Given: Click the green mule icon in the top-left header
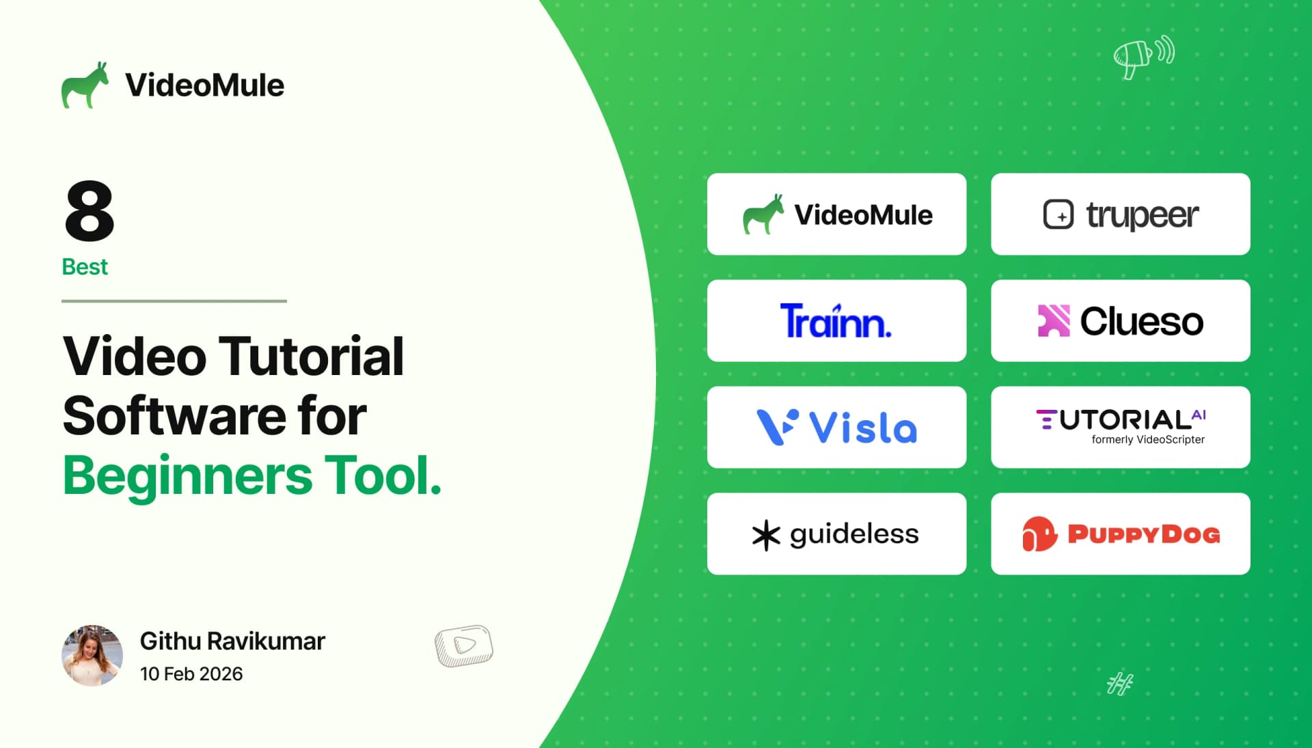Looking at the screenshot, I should coord(85,85).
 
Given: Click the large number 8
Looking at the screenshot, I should coord(90,210).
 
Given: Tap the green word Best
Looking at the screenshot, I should coord(85,266).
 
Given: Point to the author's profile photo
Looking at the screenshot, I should coord(92,655).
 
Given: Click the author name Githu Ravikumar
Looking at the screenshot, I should coord(232,641).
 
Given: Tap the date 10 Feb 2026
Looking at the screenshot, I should coord(191,674).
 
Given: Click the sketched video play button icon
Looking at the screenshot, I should coord(464,646).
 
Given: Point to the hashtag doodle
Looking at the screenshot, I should coord(1119,683).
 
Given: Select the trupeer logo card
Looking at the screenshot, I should coord(1121,214).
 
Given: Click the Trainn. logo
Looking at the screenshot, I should coord(836,321).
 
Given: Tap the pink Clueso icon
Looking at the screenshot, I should coord(1053,320).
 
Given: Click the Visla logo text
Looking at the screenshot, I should coord(862,428).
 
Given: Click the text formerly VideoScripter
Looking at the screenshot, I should coord(1148,439).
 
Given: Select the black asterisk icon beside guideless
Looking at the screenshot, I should coord(766,535).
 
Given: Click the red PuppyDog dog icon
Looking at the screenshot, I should coord(1039,534).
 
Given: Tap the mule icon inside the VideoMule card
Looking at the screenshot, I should coord(763,214).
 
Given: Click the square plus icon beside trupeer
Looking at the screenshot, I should coord(1058,214).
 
